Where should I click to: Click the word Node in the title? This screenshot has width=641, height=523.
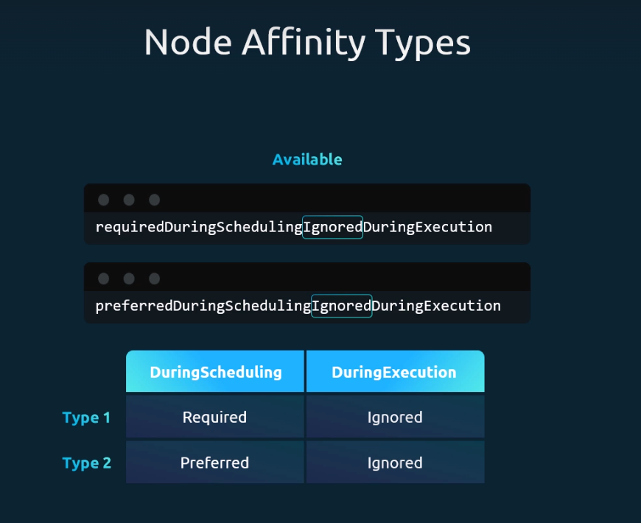(188, 42)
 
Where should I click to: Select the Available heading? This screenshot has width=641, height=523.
(307, 159)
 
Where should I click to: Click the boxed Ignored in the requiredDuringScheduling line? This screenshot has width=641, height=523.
(332, 227)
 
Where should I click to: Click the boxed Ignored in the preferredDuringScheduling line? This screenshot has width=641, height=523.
(341, 306)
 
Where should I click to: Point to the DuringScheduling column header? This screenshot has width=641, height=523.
(215, 371)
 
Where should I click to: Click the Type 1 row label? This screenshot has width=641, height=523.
(86, 418)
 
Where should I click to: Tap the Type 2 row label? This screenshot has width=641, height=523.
(87, 463)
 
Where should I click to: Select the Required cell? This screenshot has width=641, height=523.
(215, 416)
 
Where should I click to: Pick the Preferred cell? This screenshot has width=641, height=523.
(215, 462)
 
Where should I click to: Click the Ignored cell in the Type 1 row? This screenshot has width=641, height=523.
(396, 416)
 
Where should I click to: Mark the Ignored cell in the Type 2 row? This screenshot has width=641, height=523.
(396, 462)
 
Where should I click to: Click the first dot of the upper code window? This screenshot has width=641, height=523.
(103, 200)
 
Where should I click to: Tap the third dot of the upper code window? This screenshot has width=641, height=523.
(154, 200)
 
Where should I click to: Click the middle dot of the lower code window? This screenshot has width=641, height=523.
(129, 278)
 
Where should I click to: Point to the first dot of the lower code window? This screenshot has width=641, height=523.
(103, 278)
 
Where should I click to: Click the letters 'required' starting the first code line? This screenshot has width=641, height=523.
(130, 227)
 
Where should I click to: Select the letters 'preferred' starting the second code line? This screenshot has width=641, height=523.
(134, 306)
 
